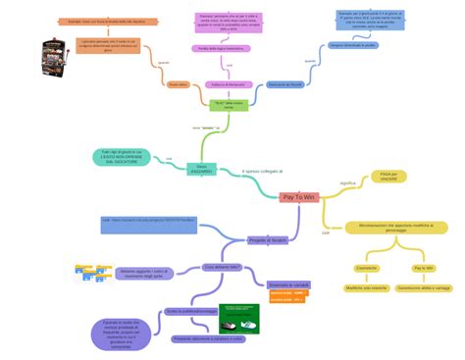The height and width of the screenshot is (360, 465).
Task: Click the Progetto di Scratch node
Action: [x=267, y=239]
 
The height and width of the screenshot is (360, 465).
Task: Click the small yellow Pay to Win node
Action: [x=424, y=267]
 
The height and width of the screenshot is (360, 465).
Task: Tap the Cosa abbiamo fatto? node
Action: [x=221, y=267]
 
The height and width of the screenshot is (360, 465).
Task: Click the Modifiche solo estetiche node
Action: [x=367, y=288]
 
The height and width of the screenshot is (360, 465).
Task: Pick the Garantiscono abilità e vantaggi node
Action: [x=424, y=288]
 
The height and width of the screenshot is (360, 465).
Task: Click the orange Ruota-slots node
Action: [x=177, y=84]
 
